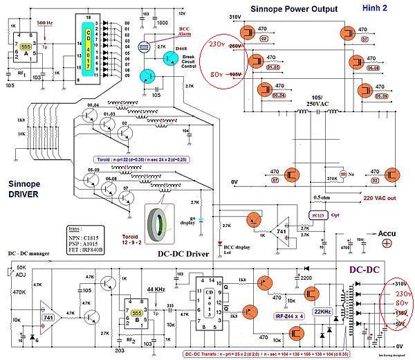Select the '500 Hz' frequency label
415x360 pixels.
point(45,23)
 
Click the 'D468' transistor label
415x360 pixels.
point(182,48)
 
